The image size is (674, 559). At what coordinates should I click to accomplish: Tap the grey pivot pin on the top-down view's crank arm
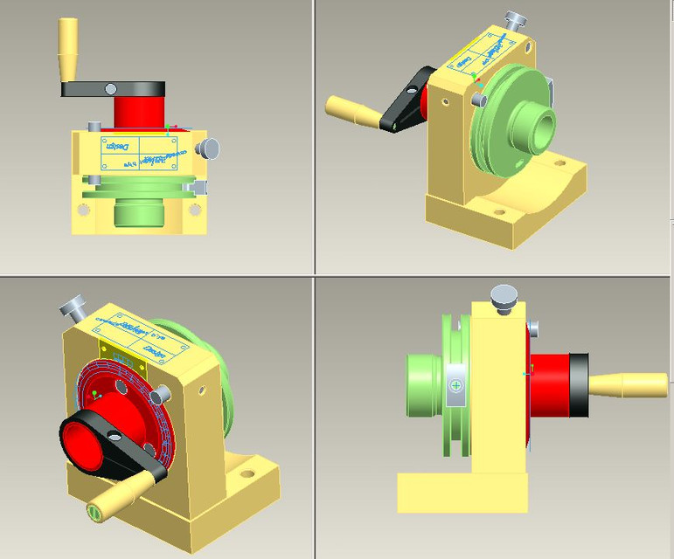(111, 88)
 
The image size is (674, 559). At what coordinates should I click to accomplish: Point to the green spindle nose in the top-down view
(138, 211)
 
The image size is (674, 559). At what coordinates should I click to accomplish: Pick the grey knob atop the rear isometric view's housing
(516, 20)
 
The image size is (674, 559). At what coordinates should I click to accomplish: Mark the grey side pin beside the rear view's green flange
(479, 101)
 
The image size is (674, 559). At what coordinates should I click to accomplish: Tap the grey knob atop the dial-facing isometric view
(71, 307)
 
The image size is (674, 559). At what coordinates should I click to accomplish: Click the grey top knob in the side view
(503, 295)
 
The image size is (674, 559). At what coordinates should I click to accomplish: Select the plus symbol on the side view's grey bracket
(456, 385)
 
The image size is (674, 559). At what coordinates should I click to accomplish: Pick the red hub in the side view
(551, 385)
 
